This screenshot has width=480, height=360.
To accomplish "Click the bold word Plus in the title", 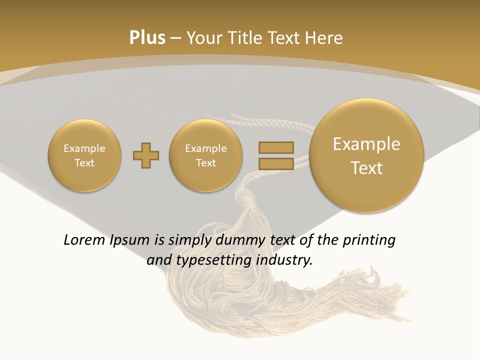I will click(147, 38).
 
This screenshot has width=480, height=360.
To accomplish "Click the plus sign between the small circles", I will click(146, 155).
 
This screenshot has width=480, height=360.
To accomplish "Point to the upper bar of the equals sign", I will click(276, 147).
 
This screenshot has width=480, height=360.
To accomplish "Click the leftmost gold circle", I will click(84, 155).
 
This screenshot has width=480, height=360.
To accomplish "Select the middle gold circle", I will click(206, 155).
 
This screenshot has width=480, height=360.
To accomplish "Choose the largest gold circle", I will click(366, 155).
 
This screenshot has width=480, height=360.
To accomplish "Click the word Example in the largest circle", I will click(366, 144).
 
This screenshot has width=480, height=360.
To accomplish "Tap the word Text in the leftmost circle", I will click(84, 163).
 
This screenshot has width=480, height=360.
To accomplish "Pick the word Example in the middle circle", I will click(206, 148).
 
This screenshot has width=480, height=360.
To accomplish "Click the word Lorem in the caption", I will click(82, 240).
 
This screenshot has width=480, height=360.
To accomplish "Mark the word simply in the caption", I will click(189, 240).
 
